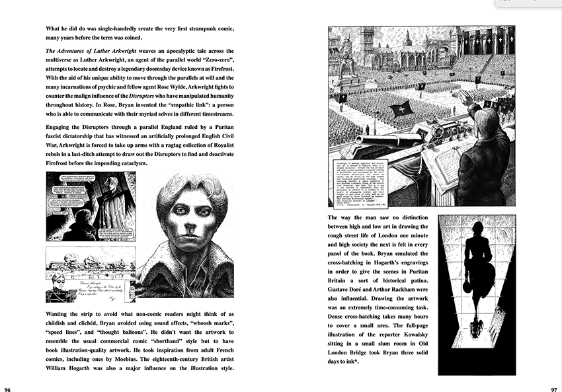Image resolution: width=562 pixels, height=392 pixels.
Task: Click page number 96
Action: (7, 388)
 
